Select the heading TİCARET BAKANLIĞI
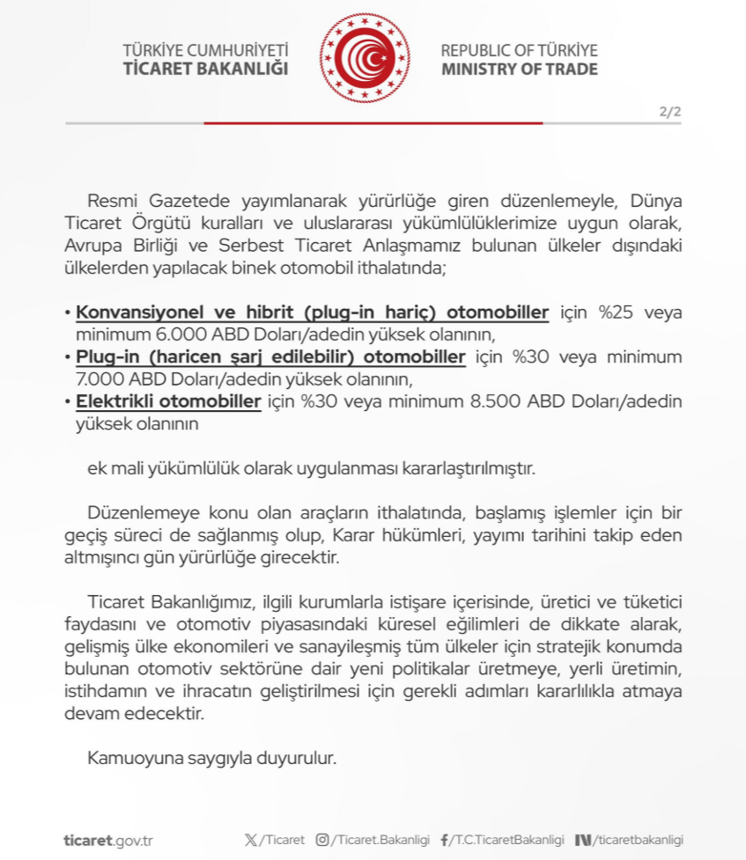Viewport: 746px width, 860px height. tap(206, 69)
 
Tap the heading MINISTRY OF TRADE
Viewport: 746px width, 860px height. tap(519, 69)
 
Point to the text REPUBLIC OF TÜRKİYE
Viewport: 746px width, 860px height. tap(519, 50)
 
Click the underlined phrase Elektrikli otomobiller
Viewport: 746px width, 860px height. tap(168, 401)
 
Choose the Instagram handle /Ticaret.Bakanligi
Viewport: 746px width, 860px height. tap(380, 840)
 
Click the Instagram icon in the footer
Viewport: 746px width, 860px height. tap(322, 840)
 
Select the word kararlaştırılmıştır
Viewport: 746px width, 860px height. tap(462, 468)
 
